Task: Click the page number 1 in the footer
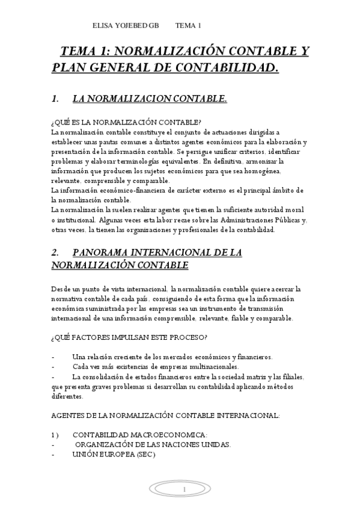(185, 491)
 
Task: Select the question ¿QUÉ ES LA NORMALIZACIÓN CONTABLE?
(126, 121)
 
